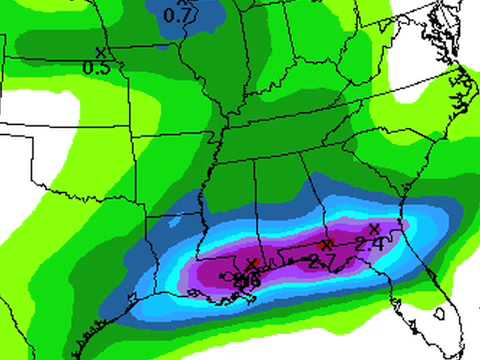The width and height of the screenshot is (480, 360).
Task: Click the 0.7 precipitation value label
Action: click(177, 16)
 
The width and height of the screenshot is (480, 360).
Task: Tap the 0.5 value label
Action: click(96, 67)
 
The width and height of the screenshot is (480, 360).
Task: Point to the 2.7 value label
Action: click(321, 262)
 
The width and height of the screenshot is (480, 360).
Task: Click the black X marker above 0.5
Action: click(99, 51)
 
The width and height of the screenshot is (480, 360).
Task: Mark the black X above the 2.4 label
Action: click(373, 228)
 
